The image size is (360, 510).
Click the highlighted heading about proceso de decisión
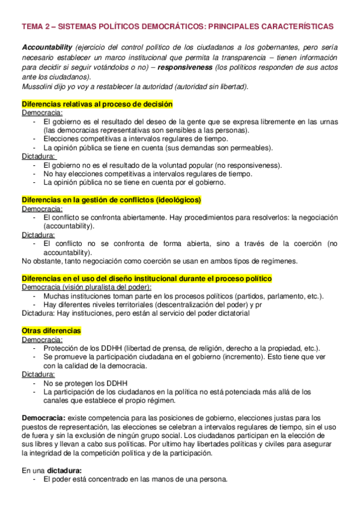pyautogui.click(x=97, y=104)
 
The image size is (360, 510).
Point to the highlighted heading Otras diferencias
pyautogui.click(x=51, y=331)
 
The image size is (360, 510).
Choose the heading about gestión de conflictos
pyautogui.click(x=111, y=200)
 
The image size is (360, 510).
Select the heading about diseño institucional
pyautogui.click(x=147, y=278)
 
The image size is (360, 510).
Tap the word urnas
pyautogui.click(x=328, y=121)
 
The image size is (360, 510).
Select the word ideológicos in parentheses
pyautogui.click(x=177, y=200)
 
